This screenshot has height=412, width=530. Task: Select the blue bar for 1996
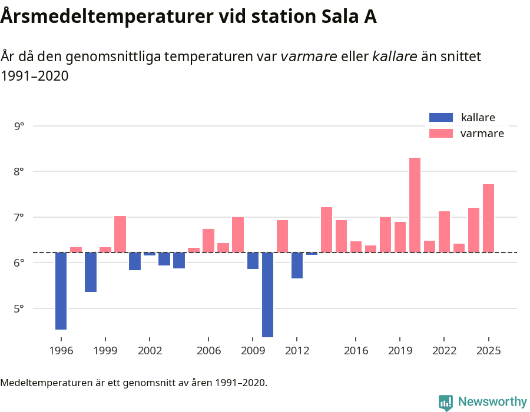(x=61, y=291)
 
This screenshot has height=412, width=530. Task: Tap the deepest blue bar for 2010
(x=267, y=294)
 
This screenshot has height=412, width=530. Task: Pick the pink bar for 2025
(x=488, y=218)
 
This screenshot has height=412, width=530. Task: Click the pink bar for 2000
(x=120, y=234)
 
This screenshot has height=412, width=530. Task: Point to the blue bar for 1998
(x=91, y=272)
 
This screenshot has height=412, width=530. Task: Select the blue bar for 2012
(x=297, y=265)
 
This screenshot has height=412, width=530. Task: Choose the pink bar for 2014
(x=326, y=230)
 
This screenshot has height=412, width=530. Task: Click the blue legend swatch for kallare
(x=441, y=118)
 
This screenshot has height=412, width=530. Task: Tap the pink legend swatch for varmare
(x=441, y=133)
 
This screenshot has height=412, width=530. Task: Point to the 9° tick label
(x=19, y=126)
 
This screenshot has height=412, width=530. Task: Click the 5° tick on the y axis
(x=19, y=308)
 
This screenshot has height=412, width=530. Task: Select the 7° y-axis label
(x=19, y=217)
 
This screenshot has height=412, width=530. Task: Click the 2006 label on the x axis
(x=208, y=351)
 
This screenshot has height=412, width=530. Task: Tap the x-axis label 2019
(x=400, y=351)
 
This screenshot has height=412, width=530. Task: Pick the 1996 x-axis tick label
(x=61, y=351)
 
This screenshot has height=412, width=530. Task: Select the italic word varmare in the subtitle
(x=309, y=57)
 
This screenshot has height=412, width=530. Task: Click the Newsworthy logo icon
(x=446, y=402)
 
